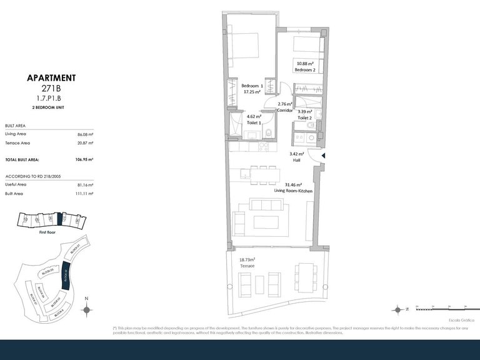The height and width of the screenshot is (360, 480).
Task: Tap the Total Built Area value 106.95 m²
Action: click(x=86, y=160)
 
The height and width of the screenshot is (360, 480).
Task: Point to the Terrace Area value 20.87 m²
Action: click(x=86, y=144)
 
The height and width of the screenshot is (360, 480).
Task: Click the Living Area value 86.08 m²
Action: click(x=86, y=134)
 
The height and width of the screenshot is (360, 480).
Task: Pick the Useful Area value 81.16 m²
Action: click(x=86, y=185)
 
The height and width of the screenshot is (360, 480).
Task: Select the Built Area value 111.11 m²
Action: click(x=86, y=194)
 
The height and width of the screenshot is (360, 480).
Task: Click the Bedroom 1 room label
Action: click(x=252, y=85)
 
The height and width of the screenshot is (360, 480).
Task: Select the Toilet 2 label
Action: click(x=305, y=117)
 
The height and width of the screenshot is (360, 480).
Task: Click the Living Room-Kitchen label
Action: click(x=297, y=191)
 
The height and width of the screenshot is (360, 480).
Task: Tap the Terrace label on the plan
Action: click(x=247, y=266)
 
